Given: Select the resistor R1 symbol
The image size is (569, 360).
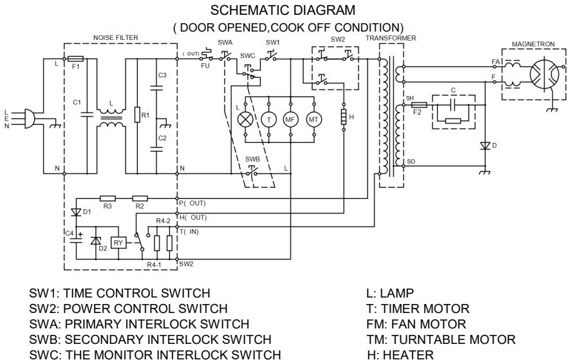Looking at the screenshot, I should coord(136,117).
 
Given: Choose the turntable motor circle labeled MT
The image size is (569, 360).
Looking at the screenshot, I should coord(315,119).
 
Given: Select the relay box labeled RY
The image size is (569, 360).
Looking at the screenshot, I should coord(118,242).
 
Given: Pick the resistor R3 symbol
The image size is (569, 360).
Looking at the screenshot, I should coord(107,198).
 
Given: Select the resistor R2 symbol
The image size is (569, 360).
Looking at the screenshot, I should coord(140,198).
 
